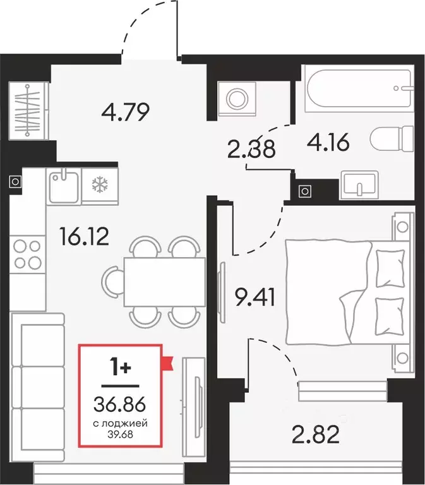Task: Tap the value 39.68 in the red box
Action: point(119,433)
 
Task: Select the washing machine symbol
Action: point(237,99)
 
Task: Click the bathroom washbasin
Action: point(359,184)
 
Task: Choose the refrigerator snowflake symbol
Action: point(99,184)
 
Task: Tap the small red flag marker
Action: point(168,362)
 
